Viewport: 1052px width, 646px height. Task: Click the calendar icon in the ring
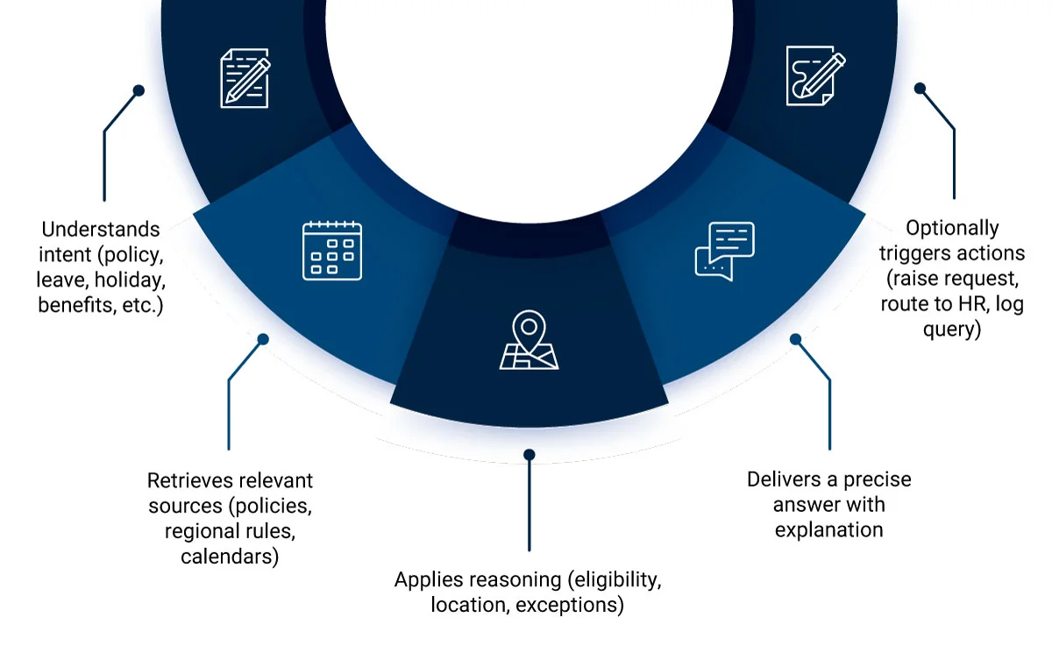pyautogui.click(x=332, y=251)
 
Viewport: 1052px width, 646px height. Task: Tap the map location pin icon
pyautogui.click(x=529, y=342)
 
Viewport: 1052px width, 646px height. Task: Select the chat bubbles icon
pyautogui.click(x=725, y=251)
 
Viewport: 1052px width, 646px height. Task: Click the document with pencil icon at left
pyautogui.click(x=245, y=79)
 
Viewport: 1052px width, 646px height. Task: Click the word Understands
pyautogui.click(x=101, y=230)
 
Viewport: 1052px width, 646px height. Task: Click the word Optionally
pyautogui.click(x=952, y=228)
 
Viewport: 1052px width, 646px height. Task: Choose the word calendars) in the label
pyautogui.click(x=230, y=557)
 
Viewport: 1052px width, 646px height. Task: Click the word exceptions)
pyautogui.click(x=570, y=605)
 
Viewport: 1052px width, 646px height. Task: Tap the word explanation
pyautogui.click(x=828, y=529)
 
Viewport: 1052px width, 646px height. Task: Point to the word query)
pyautogui.click(x=952, y=330)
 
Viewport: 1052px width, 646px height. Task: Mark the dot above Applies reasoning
pyautogui.click(x=529, y=455)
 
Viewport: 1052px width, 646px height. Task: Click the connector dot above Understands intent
pyautogui.click(x=138, y=90)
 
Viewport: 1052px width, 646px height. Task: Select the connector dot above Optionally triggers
pyautogui.click(x=920, y=89)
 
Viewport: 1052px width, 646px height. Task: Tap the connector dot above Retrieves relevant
pyautogui.click(x=261, y=338)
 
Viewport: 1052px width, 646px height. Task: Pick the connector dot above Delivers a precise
pyautogui.click(x=796, y=338)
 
